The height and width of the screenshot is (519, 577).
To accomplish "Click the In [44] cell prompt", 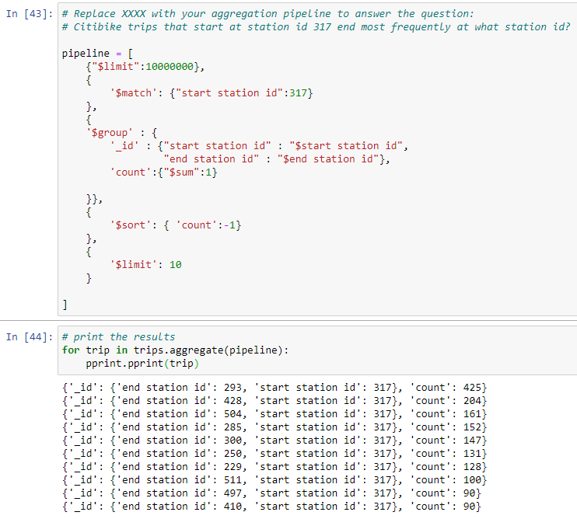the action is click(x=29, y=336).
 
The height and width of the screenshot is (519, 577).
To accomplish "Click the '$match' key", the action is click(x=134, y=92).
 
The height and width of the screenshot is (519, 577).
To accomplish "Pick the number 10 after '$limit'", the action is click(x=176, y=264).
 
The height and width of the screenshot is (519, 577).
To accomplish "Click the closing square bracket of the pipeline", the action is click(x=65, y=304).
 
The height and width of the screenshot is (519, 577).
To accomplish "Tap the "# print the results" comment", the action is click(x=118, y=336).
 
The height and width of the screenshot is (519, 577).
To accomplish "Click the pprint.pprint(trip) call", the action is click(x=142, y=363).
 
